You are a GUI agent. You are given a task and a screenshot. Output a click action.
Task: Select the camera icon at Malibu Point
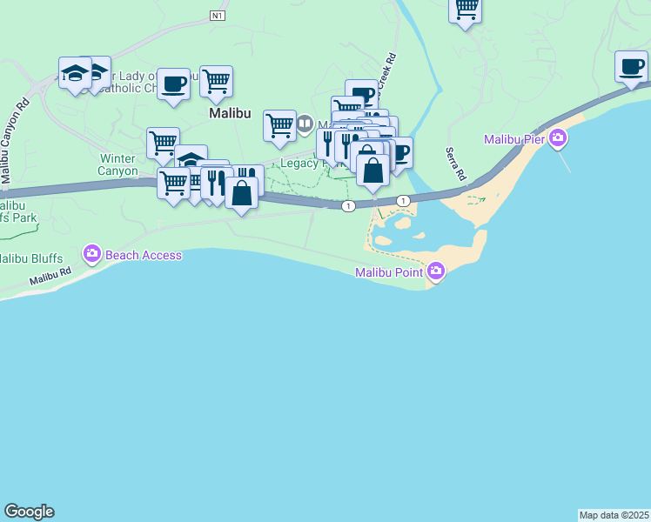tap(436, 272)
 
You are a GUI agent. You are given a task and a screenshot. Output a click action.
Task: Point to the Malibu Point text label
tap(389, 273)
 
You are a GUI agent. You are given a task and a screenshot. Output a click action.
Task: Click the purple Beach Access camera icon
tap(92, 255)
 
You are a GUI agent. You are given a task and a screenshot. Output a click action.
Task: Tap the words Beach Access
tap(144, 255)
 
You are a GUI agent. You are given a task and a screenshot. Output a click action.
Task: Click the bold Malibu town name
tap(230, 113)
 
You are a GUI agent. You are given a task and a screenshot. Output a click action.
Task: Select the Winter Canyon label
tap(118, 164)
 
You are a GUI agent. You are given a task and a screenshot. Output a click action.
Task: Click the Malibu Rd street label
tap(50, 275)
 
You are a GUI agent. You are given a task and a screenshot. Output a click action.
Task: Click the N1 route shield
tap(218, 15)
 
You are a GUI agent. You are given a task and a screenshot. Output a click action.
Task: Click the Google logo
tap(29, 512)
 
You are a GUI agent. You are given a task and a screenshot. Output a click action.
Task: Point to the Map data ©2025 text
tap(614, 515)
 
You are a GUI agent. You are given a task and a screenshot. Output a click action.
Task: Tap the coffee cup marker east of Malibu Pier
tap(631, 66)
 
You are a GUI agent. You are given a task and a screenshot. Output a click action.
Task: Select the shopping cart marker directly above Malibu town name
tap(216, 82)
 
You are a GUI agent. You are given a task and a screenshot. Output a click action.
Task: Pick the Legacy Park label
tap(300, 163)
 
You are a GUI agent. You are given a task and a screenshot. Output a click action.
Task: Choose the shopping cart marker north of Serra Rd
tap(466, 9)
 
